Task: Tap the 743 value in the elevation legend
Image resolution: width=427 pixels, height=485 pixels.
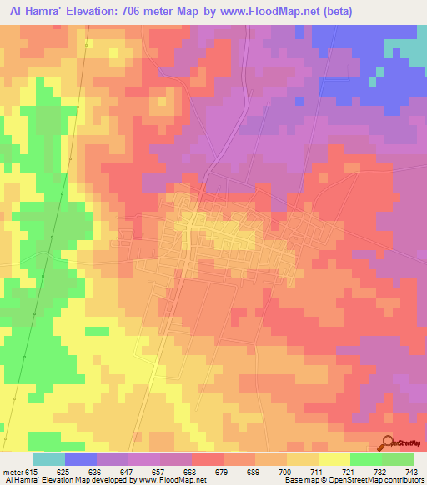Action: pos(409,472)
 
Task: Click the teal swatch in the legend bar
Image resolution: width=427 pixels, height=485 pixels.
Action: pos(49,459)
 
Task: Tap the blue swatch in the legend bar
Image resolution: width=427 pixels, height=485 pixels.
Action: pos(81,459)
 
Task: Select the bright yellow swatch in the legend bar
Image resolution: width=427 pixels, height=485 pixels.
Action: pos(334,459)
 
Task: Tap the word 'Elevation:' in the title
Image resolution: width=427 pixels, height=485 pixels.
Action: pos(98,12)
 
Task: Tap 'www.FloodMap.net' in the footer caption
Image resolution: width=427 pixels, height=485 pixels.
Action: pos(170,480)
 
